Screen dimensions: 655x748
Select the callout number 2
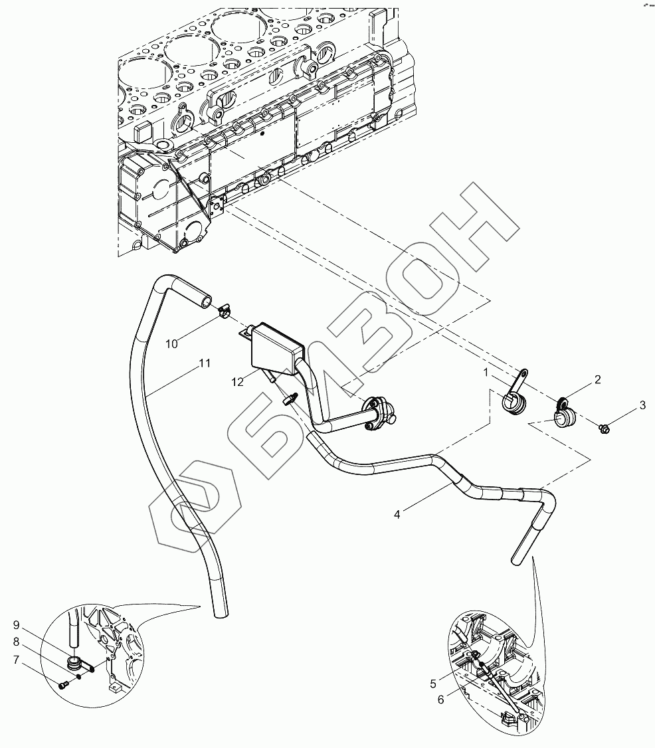point(597,380)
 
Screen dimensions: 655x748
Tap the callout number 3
point(642,405)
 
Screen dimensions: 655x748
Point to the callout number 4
point(397,514)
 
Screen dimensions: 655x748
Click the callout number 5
point(432,682)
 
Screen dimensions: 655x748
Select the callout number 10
point(172,343)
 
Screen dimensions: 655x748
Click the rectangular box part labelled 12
point(276,347)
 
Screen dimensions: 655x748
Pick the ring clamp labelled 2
point(564,413)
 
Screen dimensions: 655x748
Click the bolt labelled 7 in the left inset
point(63,685)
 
